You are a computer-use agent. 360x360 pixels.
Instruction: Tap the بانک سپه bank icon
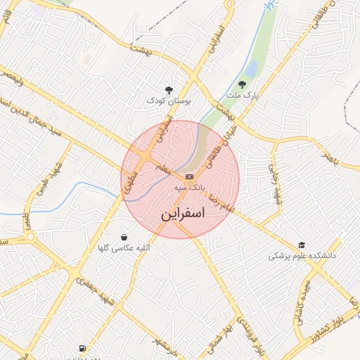tap(189, 176)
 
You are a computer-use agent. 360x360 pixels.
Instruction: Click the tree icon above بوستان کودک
tap(169, 89)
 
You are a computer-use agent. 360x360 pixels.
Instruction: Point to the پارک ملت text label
tap(243, 95)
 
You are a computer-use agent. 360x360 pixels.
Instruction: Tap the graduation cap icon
tap(302, 245)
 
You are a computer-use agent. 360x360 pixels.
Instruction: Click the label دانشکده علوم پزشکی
tap(302, 256)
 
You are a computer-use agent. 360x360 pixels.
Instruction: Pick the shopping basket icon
tap(124, 237)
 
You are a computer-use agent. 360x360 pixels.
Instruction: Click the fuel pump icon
tap(84, 348)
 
